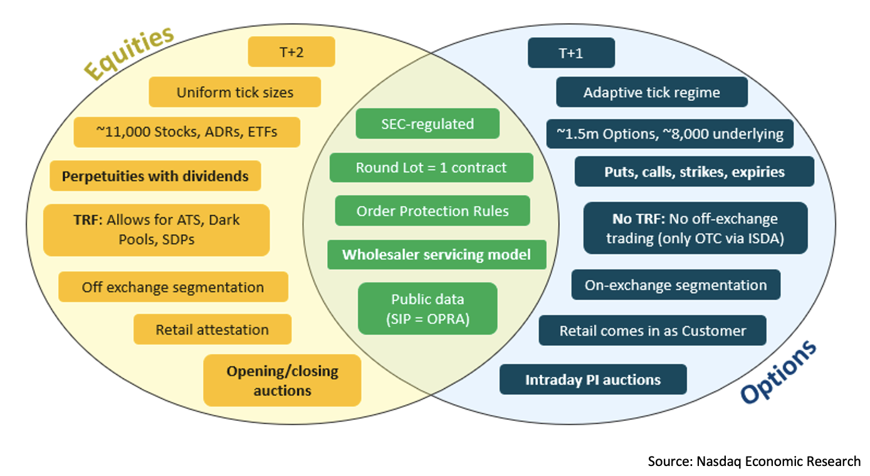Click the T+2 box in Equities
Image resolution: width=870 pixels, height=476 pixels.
pos(291,52)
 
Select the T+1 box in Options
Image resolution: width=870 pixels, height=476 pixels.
pos(571,53)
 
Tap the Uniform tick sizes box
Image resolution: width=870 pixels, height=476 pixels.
pos(234,93)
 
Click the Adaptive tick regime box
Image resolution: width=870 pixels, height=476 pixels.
pos(651,93)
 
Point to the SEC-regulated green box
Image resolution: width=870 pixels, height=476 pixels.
pos(427,124)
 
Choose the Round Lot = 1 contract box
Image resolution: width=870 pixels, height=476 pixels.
pos(431,168)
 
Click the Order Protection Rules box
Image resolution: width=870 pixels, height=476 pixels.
pos(432,211)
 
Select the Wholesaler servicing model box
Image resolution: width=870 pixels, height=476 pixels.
pos(436,255)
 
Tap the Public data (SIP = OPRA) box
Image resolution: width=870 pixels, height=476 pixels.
pos(427,309)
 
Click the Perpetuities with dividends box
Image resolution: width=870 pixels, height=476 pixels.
pos(155,176)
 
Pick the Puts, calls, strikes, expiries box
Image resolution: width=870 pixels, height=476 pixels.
pos(694,172)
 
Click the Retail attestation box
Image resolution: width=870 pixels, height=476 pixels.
pos(212,329)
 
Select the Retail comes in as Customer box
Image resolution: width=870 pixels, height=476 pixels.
pos(652,331)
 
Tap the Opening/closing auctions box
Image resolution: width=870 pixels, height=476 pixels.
pos(282,380)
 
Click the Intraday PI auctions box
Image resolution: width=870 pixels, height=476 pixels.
pos(592,380)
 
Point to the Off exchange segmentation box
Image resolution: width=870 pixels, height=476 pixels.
pos(173,287)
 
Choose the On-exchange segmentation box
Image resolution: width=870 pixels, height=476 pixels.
pos(676,285)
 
